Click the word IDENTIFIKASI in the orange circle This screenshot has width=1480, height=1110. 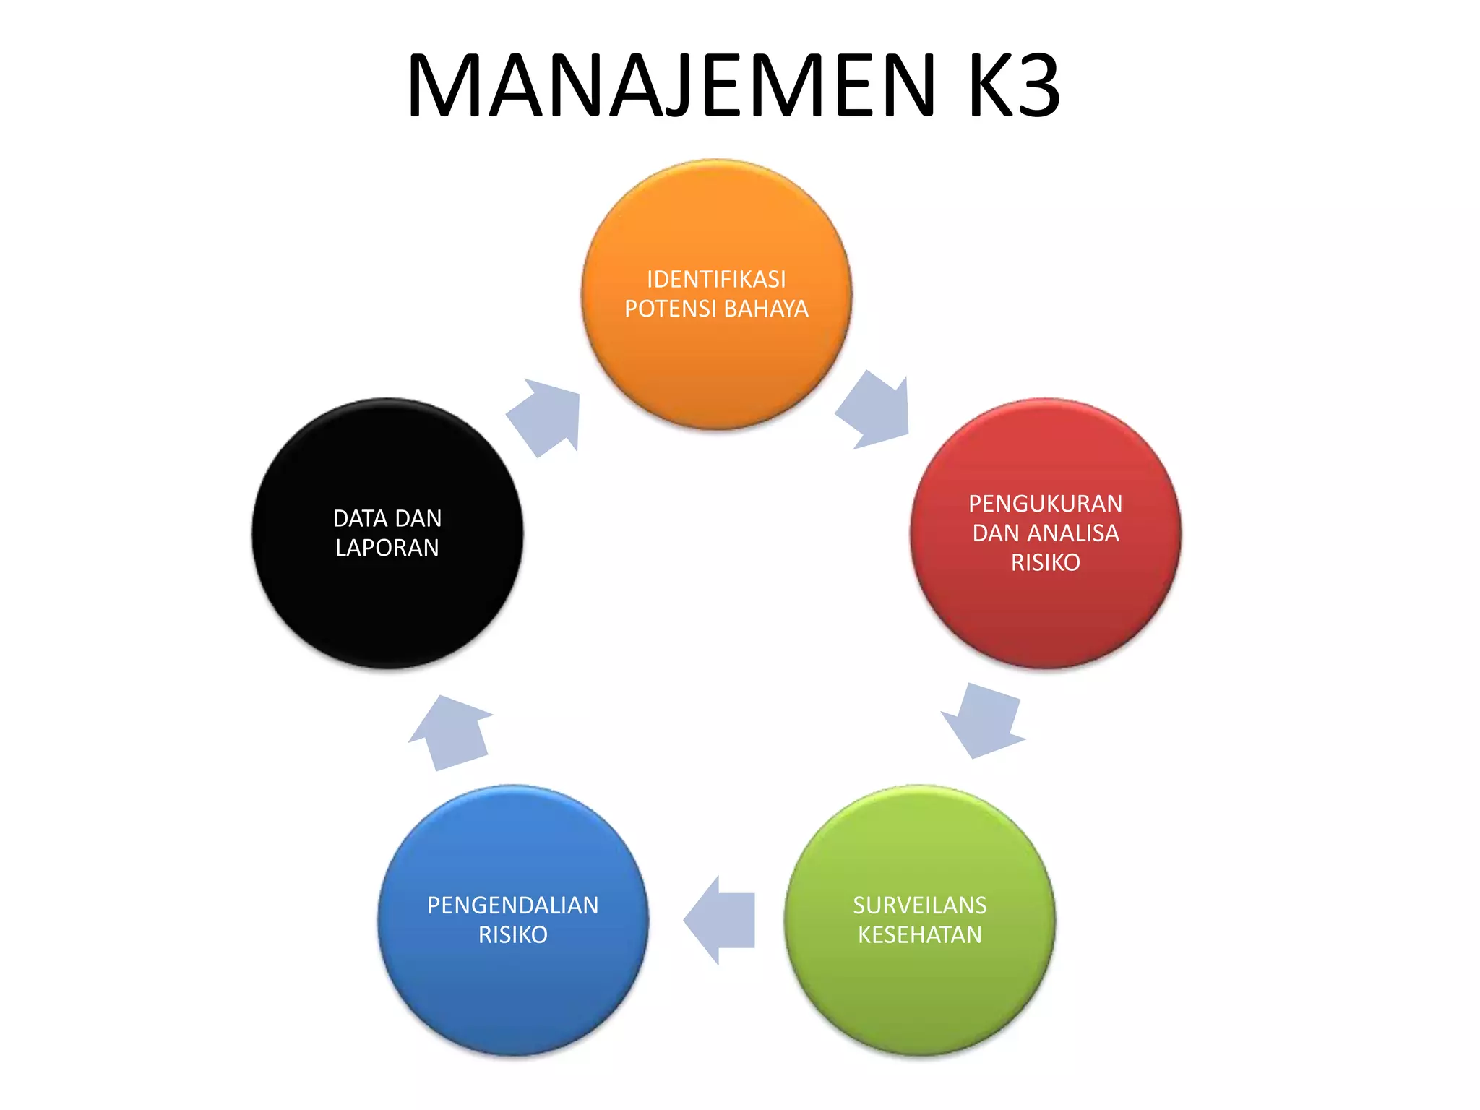click(x=716, y=279)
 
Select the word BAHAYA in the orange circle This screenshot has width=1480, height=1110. click(x=766, y=309)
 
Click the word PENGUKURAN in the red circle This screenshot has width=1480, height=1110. click(x=1045, y=503)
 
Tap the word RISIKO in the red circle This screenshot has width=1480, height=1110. click(x=1045, y=562)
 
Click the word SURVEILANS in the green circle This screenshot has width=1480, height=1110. click(x=919, y=905)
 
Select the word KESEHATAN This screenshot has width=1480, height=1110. click(x=919, y=934)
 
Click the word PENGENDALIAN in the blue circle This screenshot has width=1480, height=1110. click(x=512, y=905)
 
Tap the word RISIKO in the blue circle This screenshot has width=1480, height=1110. click(x=512, y=934)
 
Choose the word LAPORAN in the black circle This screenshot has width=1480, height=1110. click(x=387, y=548)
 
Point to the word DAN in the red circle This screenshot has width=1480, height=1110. click(x=995, y=533)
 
